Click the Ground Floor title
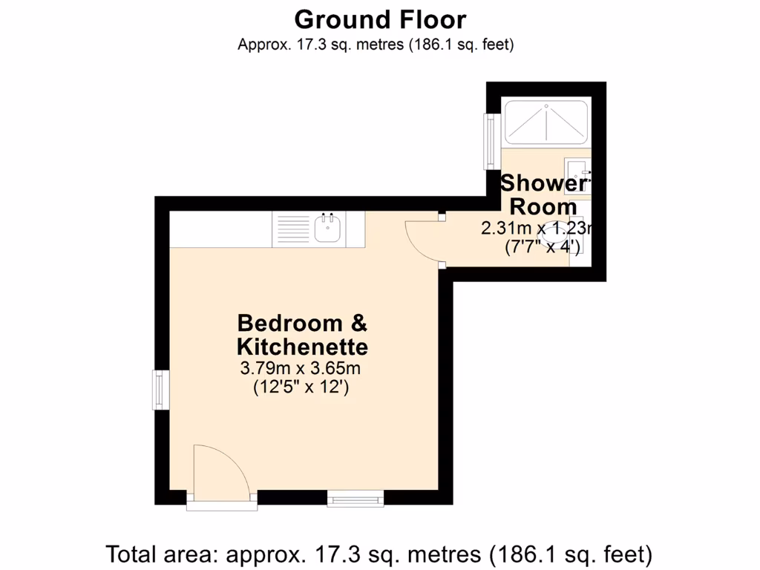click(x=380, y=19)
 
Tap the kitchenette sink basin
click(x=327, y=230)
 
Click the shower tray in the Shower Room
click(x=546, y=122)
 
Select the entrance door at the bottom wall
click(x=221, y=475)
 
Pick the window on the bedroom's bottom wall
click(x=356, y=499)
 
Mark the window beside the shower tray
click(x=491, y=140)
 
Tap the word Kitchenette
click(x=302, y=347)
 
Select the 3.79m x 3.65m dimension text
click(x=301, y=368)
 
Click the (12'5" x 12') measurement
click(x=301, y=387)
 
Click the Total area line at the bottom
click(x=379, y=554)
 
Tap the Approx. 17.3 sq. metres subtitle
click(x=376, y=45)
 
